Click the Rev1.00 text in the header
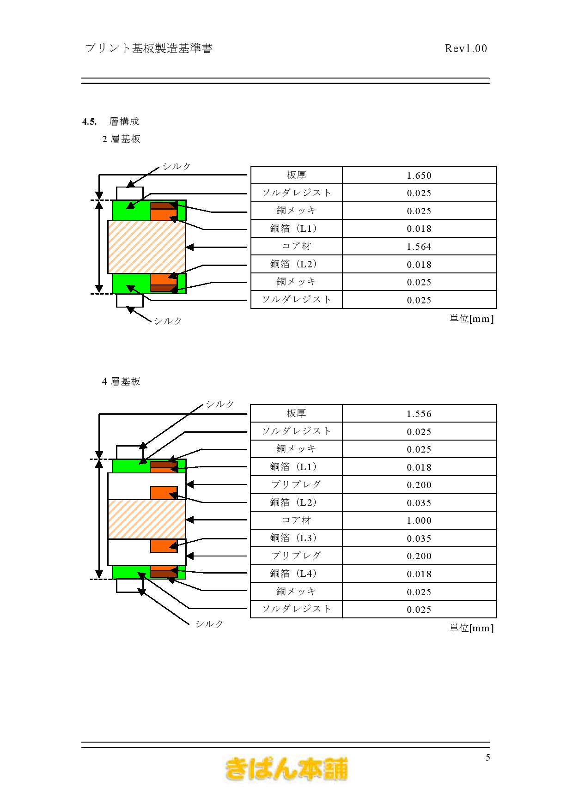[466, 48]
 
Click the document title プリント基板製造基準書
[149, 48]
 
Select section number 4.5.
[89, 121]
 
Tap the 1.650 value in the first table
[419, 175]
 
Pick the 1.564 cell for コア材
[419, 247]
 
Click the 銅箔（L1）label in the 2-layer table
[296, 228]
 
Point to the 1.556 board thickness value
[419, 414]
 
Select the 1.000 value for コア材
[419, 520]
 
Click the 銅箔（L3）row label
[296, 538]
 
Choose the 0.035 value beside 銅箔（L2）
[419, 503]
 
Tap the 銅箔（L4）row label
[296, 573]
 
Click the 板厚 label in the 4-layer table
[296, 413]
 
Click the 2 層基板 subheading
[121, 139]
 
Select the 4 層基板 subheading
[121, 381]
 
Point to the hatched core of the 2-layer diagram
[147, 247]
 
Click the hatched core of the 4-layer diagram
[147, 519]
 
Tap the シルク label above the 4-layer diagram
[220, 404]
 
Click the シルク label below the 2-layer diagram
[168, 321]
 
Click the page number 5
[488, 757]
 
